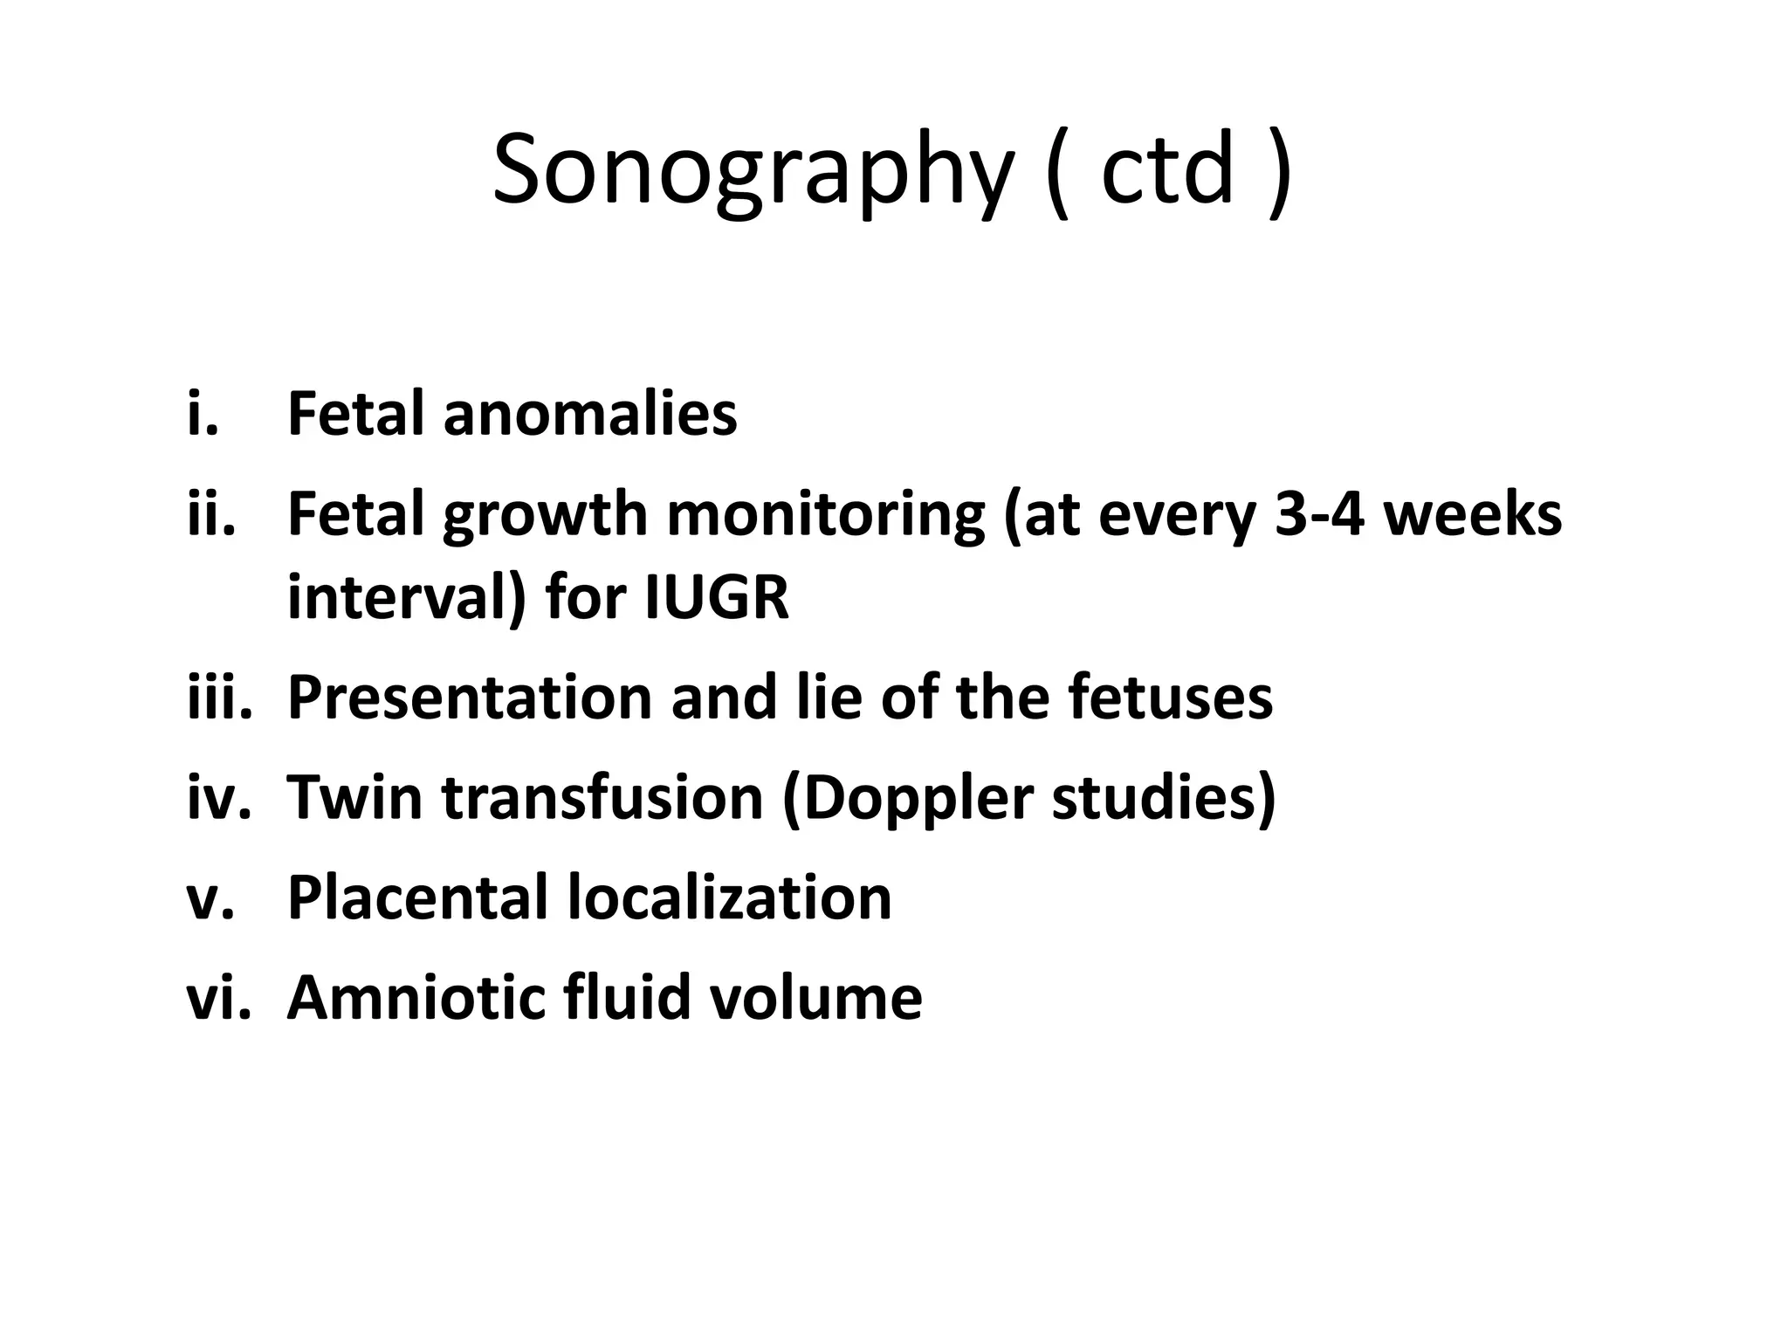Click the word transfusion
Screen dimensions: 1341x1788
tap(602, 797)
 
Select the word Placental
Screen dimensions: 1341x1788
tap(417, 897)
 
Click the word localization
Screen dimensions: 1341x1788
tap(730, 897)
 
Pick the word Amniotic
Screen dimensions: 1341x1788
tap(416, 997)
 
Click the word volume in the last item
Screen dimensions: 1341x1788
tap(815, 997)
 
